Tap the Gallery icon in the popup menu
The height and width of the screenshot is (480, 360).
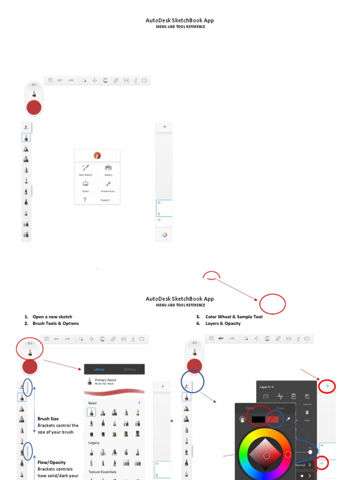point(108,167)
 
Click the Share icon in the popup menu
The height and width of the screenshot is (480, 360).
point(85,184)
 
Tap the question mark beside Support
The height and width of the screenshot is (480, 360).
point(85,200)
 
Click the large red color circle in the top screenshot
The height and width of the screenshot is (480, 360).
point(34,107)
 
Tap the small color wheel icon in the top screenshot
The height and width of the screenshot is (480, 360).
point(165,234)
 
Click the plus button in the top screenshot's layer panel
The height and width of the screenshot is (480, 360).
point(165,127)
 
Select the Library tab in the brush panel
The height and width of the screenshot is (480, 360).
point(99,369)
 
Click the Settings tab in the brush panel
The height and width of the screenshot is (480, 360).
point(130,369)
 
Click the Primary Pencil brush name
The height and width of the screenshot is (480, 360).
point(105,380)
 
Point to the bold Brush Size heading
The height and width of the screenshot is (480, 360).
point(48,419)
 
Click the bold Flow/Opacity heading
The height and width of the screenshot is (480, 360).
point(52,462)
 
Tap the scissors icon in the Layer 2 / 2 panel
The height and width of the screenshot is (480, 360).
point(280,397)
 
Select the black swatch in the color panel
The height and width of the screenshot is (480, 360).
point(258,420)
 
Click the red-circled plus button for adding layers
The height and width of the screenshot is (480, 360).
point(327,387)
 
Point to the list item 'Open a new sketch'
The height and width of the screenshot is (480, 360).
point(52,317)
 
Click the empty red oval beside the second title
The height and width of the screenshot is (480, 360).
point(273,304)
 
